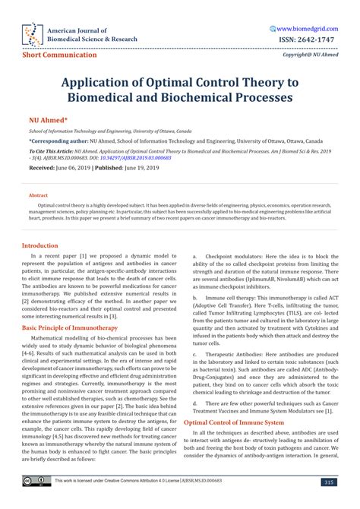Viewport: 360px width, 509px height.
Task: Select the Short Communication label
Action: click(x=60, y=55)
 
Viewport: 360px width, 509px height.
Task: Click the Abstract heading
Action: click(x=39, y=195)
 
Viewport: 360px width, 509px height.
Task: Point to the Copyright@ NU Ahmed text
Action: click(x=310, y=55)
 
